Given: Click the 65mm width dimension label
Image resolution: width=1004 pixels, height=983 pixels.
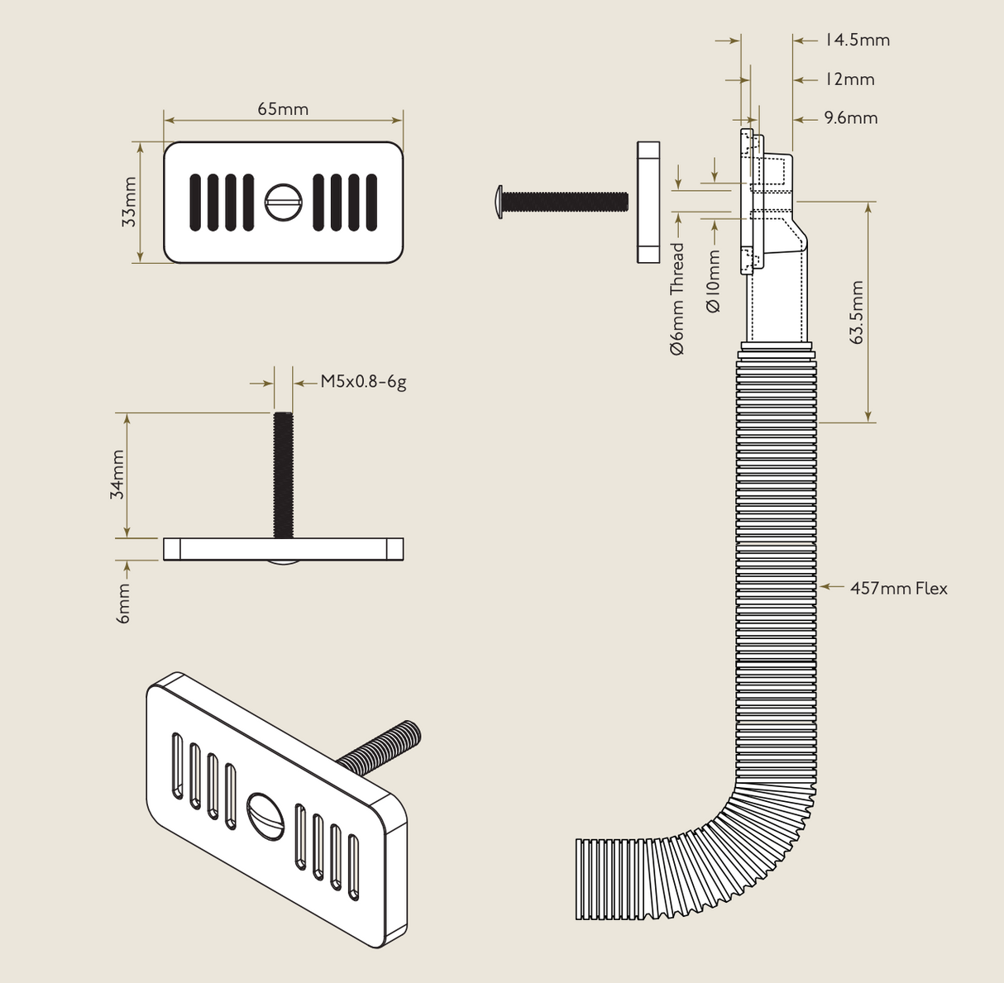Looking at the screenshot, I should (x=283, y=109).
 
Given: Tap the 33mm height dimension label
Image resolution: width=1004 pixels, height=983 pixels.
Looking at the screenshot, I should (x=129, y=202).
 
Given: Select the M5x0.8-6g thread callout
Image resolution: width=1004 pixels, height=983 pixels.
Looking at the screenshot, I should (x=363, y=382).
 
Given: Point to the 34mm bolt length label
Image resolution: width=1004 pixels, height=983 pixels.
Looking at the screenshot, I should (x=117, y=475).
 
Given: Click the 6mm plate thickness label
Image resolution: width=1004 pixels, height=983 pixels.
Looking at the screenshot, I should (x=123, y=603).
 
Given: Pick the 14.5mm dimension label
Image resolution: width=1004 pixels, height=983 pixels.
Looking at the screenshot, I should (x=857, y=40).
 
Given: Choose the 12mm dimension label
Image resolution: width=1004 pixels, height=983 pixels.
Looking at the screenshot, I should (x=849, y=79).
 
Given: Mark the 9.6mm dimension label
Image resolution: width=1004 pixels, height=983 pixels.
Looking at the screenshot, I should (x=850, y=118).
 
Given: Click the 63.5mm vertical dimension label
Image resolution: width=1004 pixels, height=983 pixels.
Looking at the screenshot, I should (x=856, y=312).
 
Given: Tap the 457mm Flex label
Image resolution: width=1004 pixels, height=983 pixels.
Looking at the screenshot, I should (x=898, y=588).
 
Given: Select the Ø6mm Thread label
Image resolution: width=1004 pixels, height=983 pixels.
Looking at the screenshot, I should (x=677, y=298).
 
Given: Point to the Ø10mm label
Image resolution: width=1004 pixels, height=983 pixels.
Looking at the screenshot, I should (x=714, y=281).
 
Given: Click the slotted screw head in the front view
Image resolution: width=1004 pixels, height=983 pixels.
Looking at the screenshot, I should (x=284, y=202).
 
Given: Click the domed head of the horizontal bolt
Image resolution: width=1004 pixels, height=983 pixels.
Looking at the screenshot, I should (x=498, y=202).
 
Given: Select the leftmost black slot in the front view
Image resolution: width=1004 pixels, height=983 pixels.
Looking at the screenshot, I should (x=196, y=202).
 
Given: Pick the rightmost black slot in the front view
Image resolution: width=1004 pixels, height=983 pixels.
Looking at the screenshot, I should (x=371, y=202).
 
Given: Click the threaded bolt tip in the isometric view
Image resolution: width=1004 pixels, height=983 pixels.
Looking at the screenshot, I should (x=411, y=732).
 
